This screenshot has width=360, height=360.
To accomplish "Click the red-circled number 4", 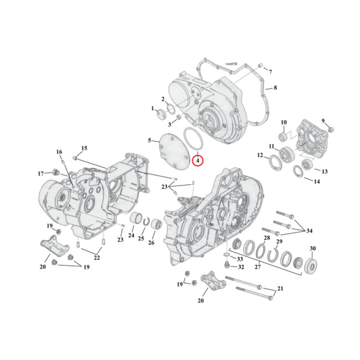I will pos(198,160).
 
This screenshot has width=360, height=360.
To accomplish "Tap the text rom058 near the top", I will pos(231,64).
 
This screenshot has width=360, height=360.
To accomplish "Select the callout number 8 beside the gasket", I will pos(275,88).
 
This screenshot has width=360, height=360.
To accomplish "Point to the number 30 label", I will pos(313,248).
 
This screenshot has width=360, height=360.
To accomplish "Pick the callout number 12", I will pos(260,155).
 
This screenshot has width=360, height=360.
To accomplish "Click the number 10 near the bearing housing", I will pos(283,122).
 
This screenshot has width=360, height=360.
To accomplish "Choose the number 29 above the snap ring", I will pos(279,242).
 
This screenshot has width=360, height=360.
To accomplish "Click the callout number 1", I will pos(153,109).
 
